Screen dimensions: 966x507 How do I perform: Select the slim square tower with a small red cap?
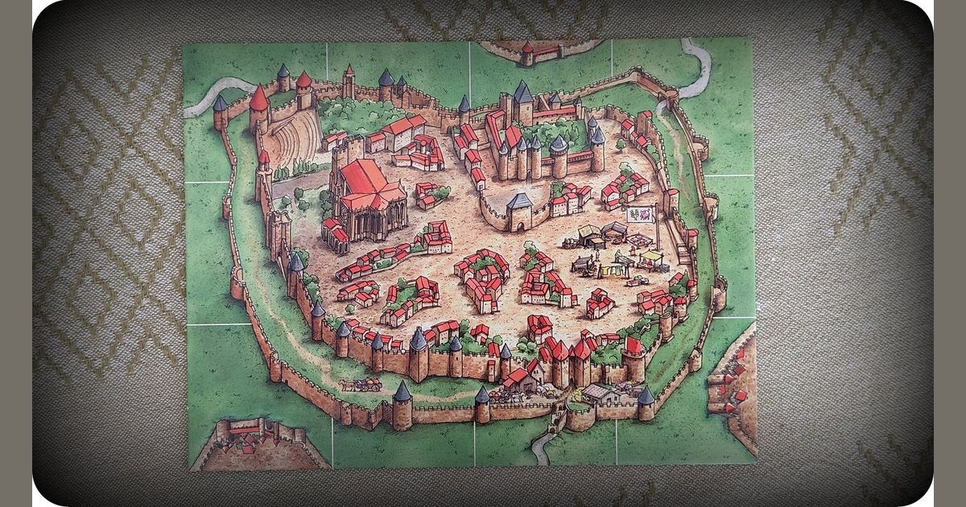coord(349,80)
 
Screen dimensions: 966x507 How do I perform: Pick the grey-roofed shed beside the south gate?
coord(600,394)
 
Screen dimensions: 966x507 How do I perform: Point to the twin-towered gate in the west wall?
coord(278,229)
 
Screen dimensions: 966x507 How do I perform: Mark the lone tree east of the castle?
coord(620,145)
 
